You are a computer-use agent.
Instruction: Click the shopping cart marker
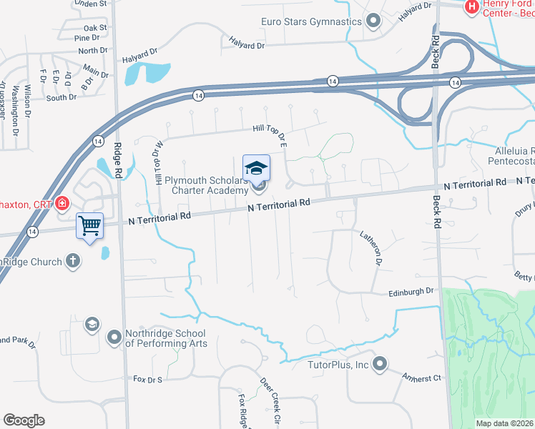point(90,226)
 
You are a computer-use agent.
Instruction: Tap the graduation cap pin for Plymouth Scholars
point(256,168)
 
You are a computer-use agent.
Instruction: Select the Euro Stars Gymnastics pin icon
point(373,21)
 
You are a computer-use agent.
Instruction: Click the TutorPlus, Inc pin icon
point(379,364)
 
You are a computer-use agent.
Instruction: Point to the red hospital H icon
point(471,8)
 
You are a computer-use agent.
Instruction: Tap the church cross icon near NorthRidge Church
point(72,261)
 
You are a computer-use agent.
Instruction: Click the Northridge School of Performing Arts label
point(166,338)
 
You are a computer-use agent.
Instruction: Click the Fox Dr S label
point(148,378)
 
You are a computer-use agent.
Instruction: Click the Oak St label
point(94,27)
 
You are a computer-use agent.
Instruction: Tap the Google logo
point(23,420)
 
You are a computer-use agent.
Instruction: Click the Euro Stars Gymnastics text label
point(311,21)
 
